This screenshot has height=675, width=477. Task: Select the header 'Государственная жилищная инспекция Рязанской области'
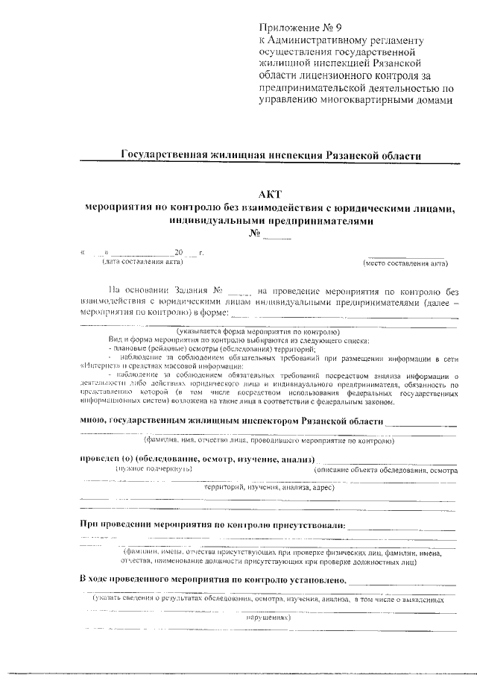click(x=271, y=155)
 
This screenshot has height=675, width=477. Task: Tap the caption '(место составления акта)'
click(x=405, y=263)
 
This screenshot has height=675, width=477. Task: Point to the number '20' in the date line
click(x=179, y=254)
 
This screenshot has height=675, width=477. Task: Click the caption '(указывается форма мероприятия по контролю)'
click(x=259, y=331)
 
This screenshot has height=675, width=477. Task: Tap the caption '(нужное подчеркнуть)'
click(x=154, y=469)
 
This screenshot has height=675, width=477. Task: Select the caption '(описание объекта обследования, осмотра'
click(x=385, y=470)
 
